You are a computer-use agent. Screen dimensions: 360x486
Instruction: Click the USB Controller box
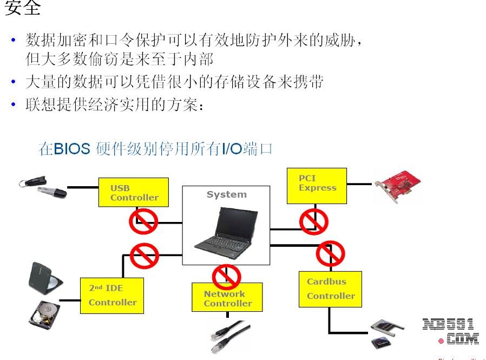click(x=133, y=192)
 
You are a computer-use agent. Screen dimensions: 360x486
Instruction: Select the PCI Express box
click(x=317, y=186)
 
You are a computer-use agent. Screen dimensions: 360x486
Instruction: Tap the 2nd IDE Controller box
click(x=112, y=295)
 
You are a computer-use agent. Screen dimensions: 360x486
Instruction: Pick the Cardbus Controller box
click(x=330, y=289)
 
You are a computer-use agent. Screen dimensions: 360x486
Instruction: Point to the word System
click(x=226, y=194)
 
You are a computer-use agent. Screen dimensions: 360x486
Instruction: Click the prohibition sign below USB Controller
click(x=143, y=221)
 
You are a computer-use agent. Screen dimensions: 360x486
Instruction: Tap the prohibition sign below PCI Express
click(x=314, y=221)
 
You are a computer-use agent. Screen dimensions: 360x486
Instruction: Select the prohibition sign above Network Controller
click(x=226, y=277)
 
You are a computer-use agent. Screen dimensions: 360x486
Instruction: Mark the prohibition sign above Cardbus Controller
click(x=330, y=253)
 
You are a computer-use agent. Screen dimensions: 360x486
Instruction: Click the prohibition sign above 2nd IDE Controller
click(x=145, y=256)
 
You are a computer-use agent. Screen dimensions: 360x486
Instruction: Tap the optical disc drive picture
click(x=44, y=276)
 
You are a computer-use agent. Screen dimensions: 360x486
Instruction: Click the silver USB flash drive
click(x=52, y=191)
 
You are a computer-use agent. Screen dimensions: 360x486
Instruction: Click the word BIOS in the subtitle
click(x=71, y=149)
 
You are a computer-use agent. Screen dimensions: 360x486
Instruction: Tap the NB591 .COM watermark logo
click(x=451, y=331)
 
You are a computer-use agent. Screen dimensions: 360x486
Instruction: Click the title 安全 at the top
click(x=23, y=9)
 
